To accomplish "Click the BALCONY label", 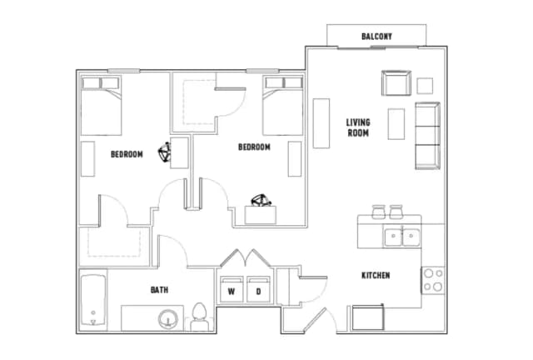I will point(376,37).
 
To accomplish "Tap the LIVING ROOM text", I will point(358,127).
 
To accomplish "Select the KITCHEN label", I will point(376,275).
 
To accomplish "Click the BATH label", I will point(159,290).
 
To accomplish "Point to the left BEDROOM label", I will point(127,153).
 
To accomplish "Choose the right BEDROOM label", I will point(254,147).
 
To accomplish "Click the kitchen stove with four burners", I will point(432,280).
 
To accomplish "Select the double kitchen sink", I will point(402,237).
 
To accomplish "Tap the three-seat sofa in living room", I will point(427,135).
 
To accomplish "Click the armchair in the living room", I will point(396,84).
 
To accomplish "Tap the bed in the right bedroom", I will point(282,104).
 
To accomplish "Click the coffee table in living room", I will point(396,123).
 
